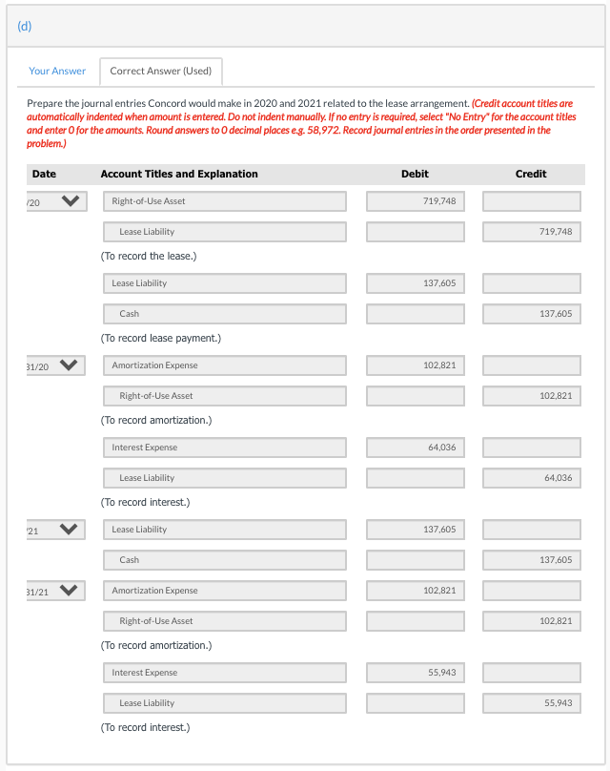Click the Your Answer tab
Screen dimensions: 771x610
[x=57, y=71]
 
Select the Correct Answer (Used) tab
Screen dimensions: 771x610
[x=161, y=71]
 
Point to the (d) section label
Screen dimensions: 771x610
[x=25, y=26]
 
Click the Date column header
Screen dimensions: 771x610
[x=44, y=174]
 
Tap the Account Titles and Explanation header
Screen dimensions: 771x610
[x=179, y=174]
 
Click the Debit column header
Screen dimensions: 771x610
[x=415, y=174]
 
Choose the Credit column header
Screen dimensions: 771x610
[x=531, y=174]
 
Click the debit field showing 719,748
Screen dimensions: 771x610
[x=416, y=201]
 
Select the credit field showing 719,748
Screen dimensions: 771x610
[x=532, y=232]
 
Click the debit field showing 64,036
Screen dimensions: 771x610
[x=416, y=448]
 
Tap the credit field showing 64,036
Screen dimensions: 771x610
[x=532, y=478]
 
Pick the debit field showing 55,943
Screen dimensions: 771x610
[x=416, y=673]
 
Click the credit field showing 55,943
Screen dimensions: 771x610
[x=532, y=703]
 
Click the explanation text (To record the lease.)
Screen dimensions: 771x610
[x=149, y=257]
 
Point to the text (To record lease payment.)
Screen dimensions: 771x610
[x=160, y=339]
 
